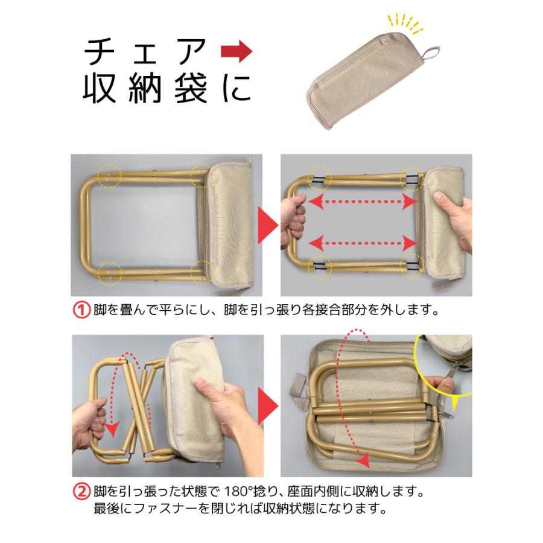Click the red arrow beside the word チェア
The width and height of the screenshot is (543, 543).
coord(236,54)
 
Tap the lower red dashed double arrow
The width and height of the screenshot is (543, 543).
coord(364,243)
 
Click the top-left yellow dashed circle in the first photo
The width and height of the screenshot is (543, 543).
coord(109,176)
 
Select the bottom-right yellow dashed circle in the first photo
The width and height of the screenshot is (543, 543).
coord(202,271)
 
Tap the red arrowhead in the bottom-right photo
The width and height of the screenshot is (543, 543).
coord(361,461)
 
